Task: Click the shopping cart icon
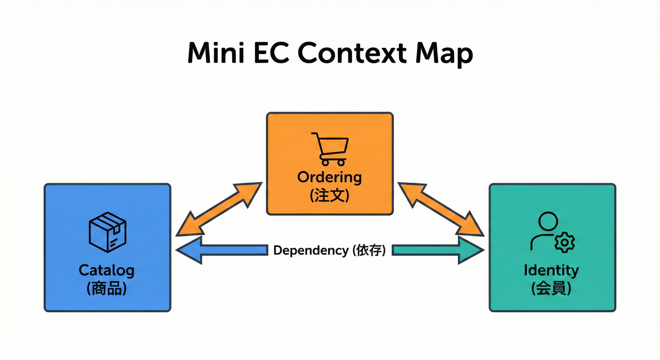(x=330, y=149)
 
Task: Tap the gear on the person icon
(x=564, y=242)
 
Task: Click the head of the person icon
(x=548, y=221)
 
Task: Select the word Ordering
(x=330, y=178)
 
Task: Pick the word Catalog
(x=106, y=270)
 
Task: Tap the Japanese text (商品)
(x=107, y=288)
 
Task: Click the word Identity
(x=551, y=270)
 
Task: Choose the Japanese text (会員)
(x=551, y=288)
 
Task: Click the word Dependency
(x=311, y=250)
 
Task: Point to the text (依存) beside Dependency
(x=369, y=250)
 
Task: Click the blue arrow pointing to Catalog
(x=220, y=250)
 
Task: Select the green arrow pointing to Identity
(x=438, y=250)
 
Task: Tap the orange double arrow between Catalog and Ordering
(x=218, y=209)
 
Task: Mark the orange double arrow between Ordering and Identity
(x=441, y=209)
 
